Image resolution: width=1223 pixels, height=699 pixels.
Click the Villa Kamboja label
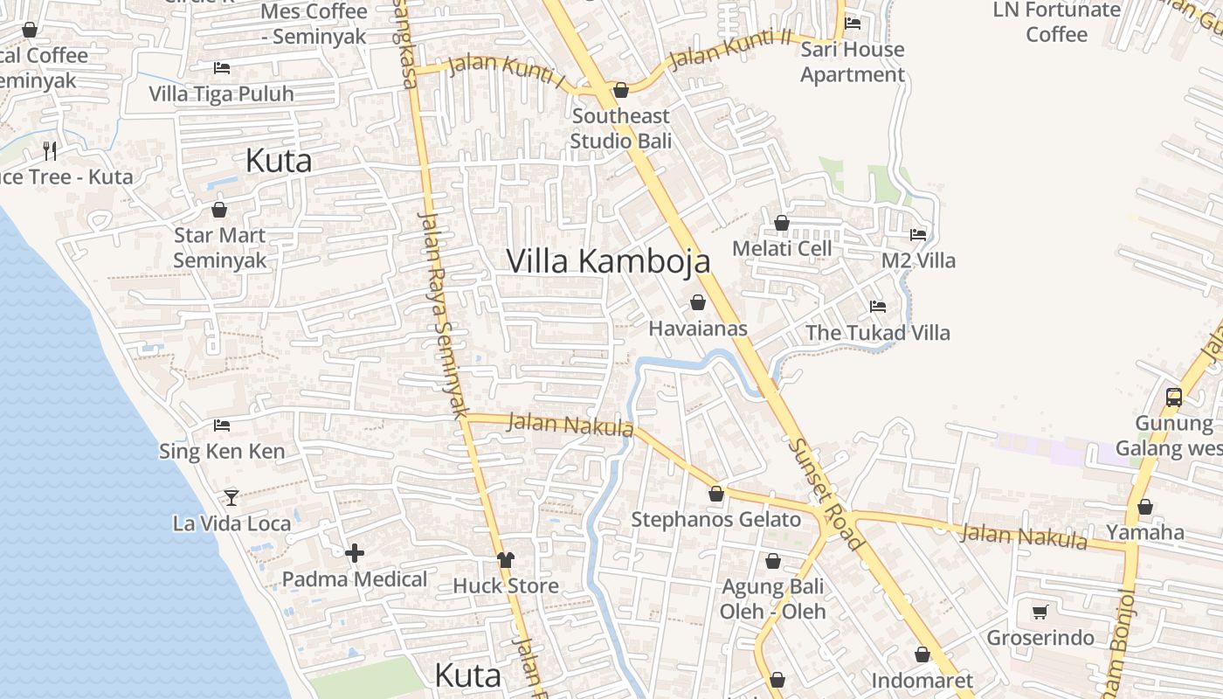[x=608, y=261]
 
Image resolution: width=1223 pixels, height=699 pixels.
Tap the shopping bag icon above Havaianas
[x=698, y=302]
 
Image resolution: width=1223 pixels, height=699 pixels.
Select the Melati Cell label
[x=782, y=248]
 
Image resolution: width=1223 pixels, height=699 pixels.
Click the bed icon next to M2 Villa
[x=918, y=234]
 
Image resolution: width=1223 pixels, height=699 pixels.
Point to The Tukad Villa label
[x=877, y=333]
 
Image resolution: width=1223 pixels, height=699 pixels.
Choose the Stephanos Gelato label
[x=715, y=520]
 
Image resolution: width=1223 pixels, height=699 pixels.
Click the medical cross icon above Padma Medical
[x=355, y=553]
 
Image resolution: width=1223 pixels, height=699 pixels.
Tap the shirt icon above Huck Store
[x=506, y=559]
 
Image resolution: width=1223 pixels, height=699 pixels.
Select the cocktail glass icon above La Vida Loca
[x=231, y=497]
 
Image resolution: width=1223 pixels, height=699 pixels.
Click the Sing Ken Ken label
[x=222, y=452]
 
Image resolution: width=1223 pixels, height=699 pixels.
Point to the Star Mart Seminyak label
[x=219, y=247]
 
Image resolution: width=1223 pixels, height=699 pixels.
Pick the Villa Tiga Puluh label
[x=221, y=93]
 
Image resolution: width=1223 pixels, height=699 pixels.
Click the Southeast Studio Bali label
[x=621, y=128]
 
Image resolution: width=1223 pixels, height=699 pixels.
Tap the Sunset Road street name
[x=826, y=494]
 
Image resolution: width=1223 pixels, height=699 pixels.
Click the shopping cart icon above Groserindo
[x=1040, y=612]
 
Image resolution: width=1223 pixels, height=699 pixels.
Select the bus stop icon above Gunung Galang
[x=1174, y=398]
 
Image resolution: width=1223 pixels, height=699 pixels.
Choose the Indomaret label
[x=922, y=681]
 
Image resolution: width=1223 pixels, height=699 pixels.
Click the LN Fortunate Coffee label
[x=1057, y=22]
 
